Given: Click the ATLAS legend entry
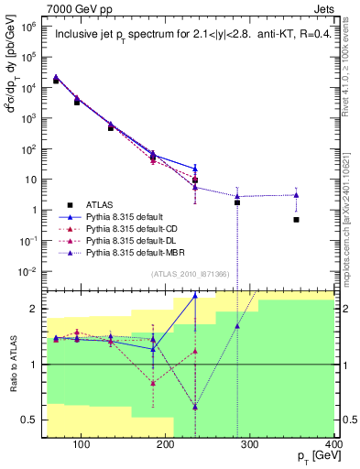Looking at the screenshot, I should coord(102,204).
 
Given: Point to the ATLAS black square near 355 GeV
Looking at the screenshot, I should coord(296,220).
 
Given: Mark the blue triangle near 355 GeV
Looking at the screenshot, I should coord(296,194).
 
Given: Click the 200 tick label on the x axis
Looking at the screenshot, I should coord(165,444).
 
